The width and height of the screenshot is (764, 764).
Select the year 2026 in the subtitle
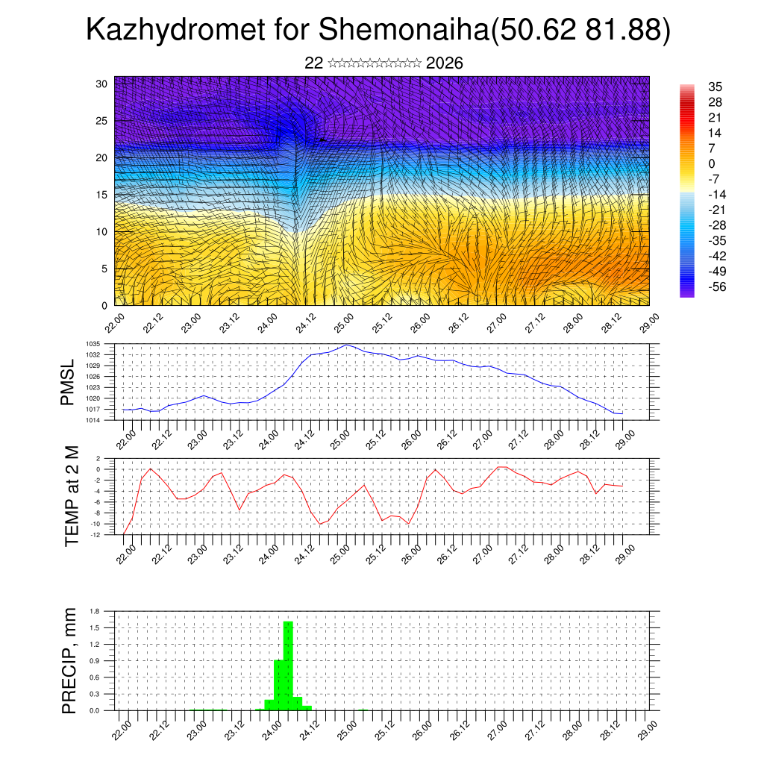(445, 63)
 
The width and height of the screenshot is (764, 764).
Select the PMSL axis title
(68, 383)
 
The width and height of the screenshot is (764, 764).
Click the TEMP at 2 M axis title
(72, 496)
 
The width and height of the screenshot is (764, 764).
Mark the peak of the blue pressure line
(347, 345)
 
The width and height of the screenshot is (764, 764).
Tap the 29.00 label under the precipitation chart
(648, 727)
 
